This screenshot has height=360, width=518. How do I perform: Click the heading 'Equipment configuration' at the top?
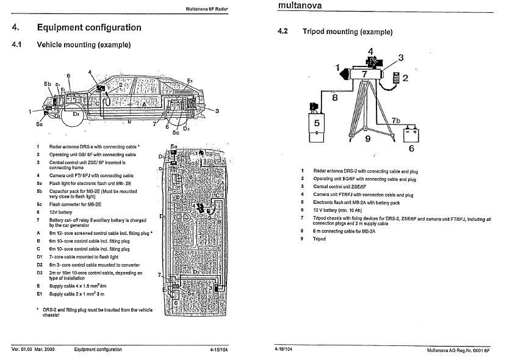pyautogui.click(x=89, y=27)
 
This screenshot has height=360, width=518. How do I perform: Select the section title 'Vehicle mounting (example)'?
pyautogui.click(x=84, y=45)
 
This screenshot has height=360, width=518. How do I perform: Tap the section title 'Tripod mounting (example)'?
pyautogui.click(x=347, y=32)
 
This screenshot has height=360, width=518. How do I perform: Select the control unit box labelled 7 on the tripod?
pyautogui.click(x=364, y=73)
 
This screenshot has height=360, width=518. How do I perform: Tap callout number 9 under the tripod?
pyautogui.click(x=367, y=139)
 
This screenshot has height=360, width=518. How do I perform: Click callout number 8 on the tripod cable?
pyautogui.click(x=335, y=96)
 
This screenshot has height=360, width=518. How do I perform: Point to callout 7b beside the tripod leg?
pyautogui.click(x=395, y=120)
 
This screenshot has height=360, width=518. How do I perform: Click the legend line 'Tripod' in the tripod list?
pyautogui.click(x=320, y=239)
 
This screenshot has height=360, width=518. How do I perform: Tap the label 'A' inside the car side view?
pyautogui.click(x=144, y=104)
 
